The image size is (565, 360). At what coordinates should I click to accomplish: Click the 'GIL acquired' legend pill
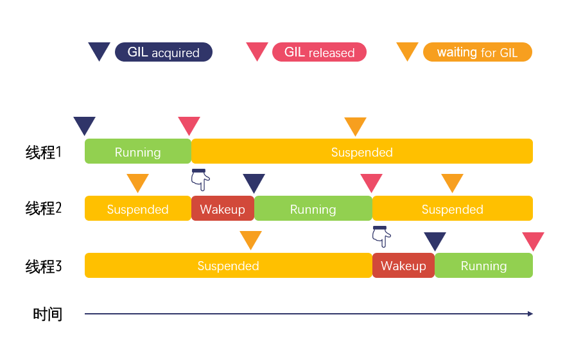(163, 52)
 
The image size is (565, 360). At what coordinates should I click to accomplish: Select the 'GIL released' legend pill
(319, 52)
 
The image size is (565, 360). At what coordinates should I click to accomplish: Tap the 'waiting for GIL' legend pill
(477, 52)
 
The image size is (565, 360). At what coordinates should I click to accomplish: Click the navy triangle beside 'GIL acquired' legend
(99, 51)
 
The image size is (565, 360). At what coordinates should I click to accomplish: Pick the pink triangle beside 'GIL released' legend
(257, 51)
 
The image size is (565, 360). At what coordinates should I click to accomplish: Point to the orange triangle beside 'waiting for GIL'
(407, 51)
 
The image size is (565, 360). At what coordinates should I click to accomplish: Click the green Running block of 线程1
(137, 151)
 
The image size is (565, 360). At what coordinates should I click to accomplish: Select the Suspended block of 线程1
(362, 151)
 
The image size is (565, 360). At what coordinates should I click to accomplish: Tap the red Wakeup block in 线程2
(222, 209)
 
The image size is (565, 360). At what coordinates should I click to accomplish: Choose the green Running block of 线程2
(313, 209)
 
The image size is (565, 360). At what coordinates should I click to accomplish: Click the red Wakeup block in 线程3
(403, 266)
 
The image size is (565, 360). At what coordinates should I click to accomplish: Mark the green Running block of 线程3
(483, 266)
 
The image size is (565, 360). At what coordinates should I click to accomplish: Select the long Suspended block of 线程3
(228, 266)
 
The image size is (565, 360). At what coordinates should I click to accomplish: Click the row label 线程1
(43, 152)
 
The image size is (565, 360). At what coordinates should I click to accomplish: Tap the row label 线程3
(43, 266)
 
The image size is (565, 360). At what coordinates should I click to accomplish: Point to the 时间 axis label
(48, 314)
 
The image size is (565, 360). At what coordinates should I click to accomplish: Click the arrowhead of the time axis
(530, 314)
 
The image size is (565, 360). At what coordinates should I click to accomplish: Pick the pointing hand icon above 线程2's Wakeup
(200, 180)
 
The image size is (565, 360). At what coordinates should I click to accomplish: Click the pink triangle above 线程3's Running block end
(533, 241)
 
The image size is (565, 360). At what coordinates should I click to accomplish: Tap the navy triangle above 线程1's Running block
(84, 125)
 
